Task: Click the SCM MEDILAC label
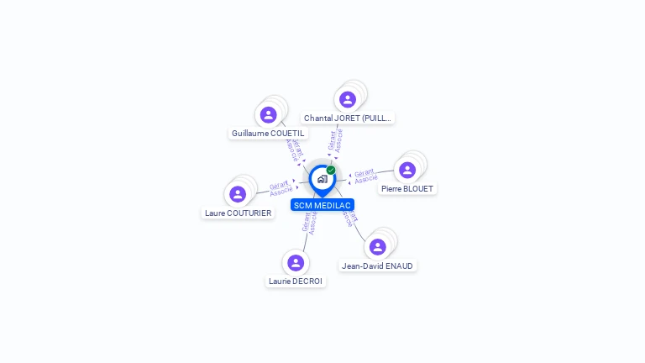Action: [x=322, y=205]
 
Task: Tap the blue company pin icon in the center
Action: [x=322, y=179]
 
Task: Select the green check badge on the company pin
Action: [x=331, y=170]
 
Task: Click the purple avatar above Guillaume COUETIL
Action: [x=269, y=114]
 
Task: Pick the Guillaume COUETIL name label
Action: [x=269, y=134]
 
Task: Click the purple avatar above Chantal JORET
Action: [x=348, y=99]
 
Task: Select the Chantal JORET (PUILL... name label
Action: [x=348, y=118]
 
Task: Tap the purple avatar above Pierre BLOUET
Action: [x=407, y=170]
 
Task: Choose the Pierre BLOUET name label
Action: [x=407, y=189]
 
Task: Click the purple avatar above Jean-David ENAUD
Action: [x=378, y=246]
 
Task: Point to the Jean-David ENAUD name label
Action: [x=378, y=266]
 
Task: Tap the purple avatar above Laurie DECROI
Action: [x=296, y=262]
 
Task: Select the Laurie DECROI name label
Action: [x=296, y=281]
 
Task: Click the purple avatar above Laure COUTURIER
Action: [x=238, y=194]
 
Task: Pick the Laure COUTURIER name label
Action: [x=239, y=213]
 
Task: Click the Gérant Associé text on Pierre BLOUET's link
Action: [x=364, y=176]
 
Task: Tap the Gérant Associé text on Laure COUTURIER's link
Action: [x=281, y=187]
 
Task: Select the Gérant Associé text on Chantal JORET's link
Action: [x=335, y=140]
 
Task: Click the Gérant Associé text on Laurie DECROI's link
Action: [x=309, y=222]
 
